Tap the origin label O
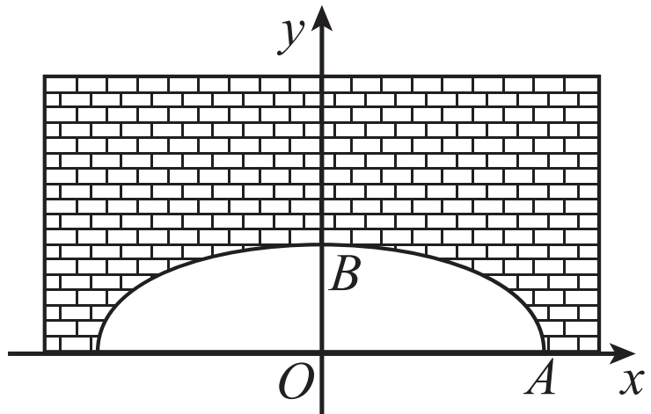[x=295, y=381]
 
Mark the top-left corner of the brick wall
[x=45, y=76]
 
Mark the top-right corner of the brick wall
[x=600, y=76]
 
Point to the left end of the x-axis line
[x=9, y=353]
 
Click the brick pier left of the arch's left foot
[x=71, y=334]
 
